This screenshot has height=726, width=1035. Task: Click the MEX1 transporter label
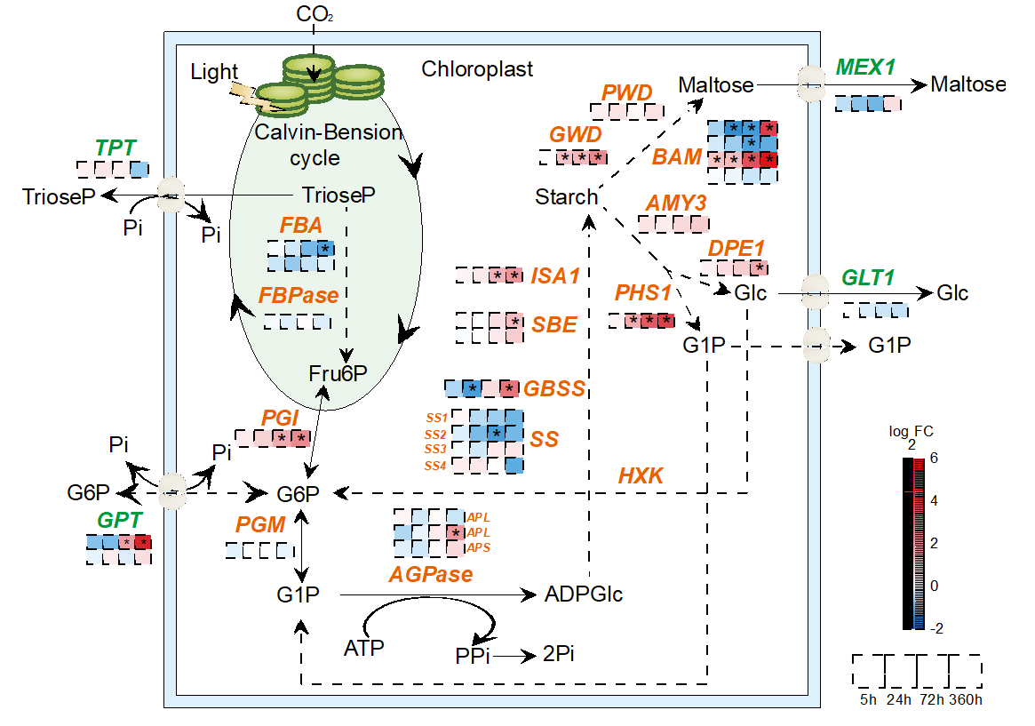(x=865, y=67)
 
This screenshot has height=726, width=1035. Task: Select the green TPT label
(x=116, y=148)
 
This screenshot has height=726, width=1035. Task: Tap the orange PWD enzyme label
(x=627, y=93)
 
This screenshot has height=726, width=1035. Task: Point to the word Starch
(x=566, y=196)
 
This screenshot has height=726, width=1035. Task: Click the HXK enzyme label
(x=641, y=476)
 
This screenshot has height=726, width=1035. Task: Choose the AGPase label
(x=430, y=574)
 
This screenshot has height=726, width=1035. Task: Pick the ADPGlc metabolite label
(x=583, y=594)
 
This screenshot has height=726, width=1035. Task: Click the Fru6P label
(x=338, y=374)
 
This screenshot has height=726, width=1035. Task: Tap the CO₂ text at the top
(x=314, y=13)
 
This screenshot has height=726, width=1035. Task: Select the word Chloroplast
(x=477, y=69)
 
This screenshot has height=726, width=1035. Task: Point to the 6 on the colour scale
(x=934, y=458)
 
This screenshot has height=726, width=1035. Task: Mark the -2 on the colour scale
(x=936, y=627)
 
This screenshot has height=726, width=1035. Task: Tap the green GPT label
(x=119, y=520)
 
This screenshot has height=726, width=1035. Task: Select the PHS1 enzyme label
(x=644, y=293)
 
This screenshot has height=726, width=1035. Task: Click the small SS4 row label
(x=434, y=466)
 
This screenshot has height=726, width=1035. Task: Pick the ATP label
(x=363, y=648)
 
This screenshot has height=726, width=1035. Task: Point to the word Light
(x=214, y=72)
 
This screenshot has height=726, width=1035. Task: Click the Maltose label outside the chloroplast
(x=968, y=85)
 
